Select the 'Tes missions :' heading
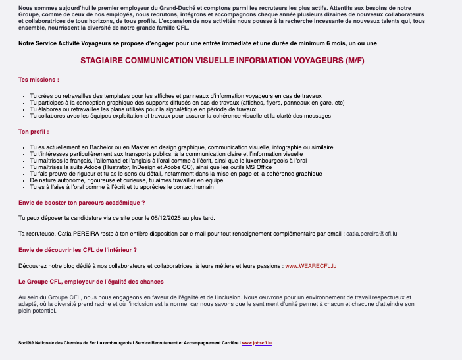point(39,80)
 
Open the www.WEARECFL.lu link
point(311,265)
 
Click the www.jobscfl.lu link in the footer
point(257,343)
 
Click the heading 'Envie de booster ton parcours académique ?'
point(82,202)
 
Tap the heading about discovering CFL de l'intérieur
point(78,250)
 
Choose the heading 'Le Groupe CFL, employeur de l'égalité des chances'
point(91,281)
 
